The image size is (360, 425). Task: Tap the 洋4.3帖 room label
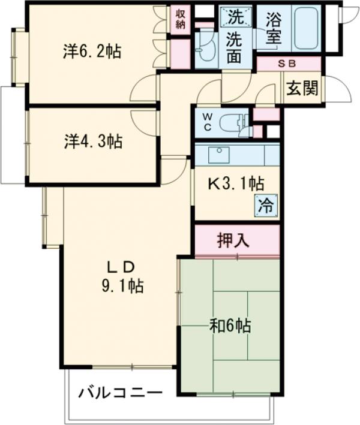92,142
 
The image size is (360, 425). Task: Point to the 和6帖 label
230,326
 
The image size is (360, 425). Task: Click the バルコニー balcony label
120,394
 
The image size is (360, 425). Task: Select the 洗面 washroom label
234,47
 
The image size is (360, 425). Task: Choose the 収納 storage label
181,19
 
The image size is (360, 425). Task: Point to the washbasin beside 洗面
206,46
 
